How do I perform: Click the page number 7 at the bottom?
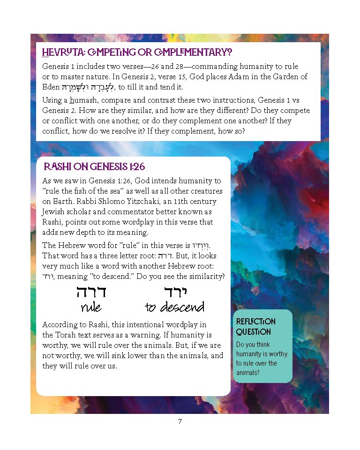180,421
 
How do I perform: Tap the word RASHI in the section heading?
57,167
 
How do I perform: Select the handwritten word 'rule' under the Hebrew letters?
91,307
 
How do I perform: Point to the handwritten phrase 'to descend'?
174,307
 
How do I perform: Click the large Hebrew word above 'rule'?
91,292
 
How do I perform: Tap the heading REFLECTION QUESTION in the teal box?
255,327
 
